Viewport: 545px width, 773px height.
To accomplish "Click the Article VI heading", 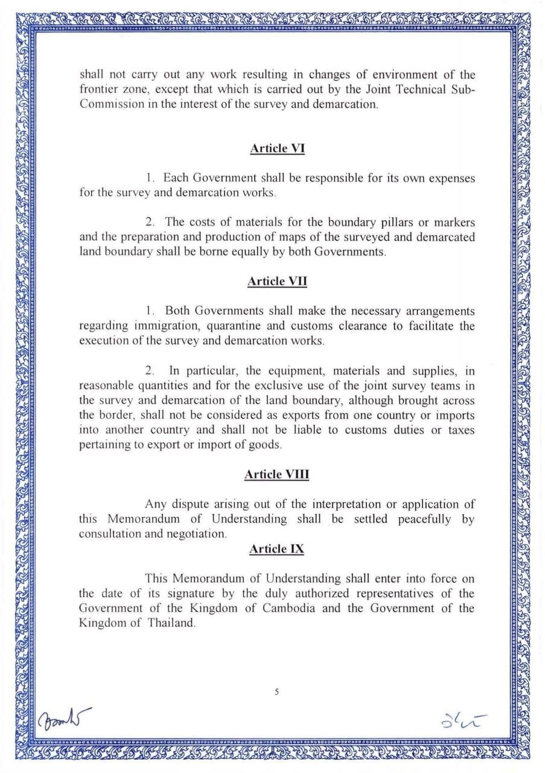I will [x=277, y=149].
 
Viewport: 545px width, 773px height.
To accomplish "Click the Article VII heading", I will [x=277, y=281].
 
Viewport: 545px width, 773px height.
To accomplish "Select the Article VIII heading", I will [x=276, y=475].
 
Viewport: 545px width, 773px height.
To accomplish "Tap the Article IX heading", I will [x=277, y=549].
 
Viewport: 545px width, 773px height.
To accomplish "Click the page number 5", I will [x=276, y=693].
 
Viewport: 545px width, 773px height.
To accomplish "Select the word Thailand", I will [x=172, y=623].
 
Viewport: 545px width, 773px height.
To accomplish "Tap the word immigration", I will [x=171, y=327].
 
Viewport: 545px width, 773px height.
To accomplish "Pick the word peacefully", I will [x=424, y=519].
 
